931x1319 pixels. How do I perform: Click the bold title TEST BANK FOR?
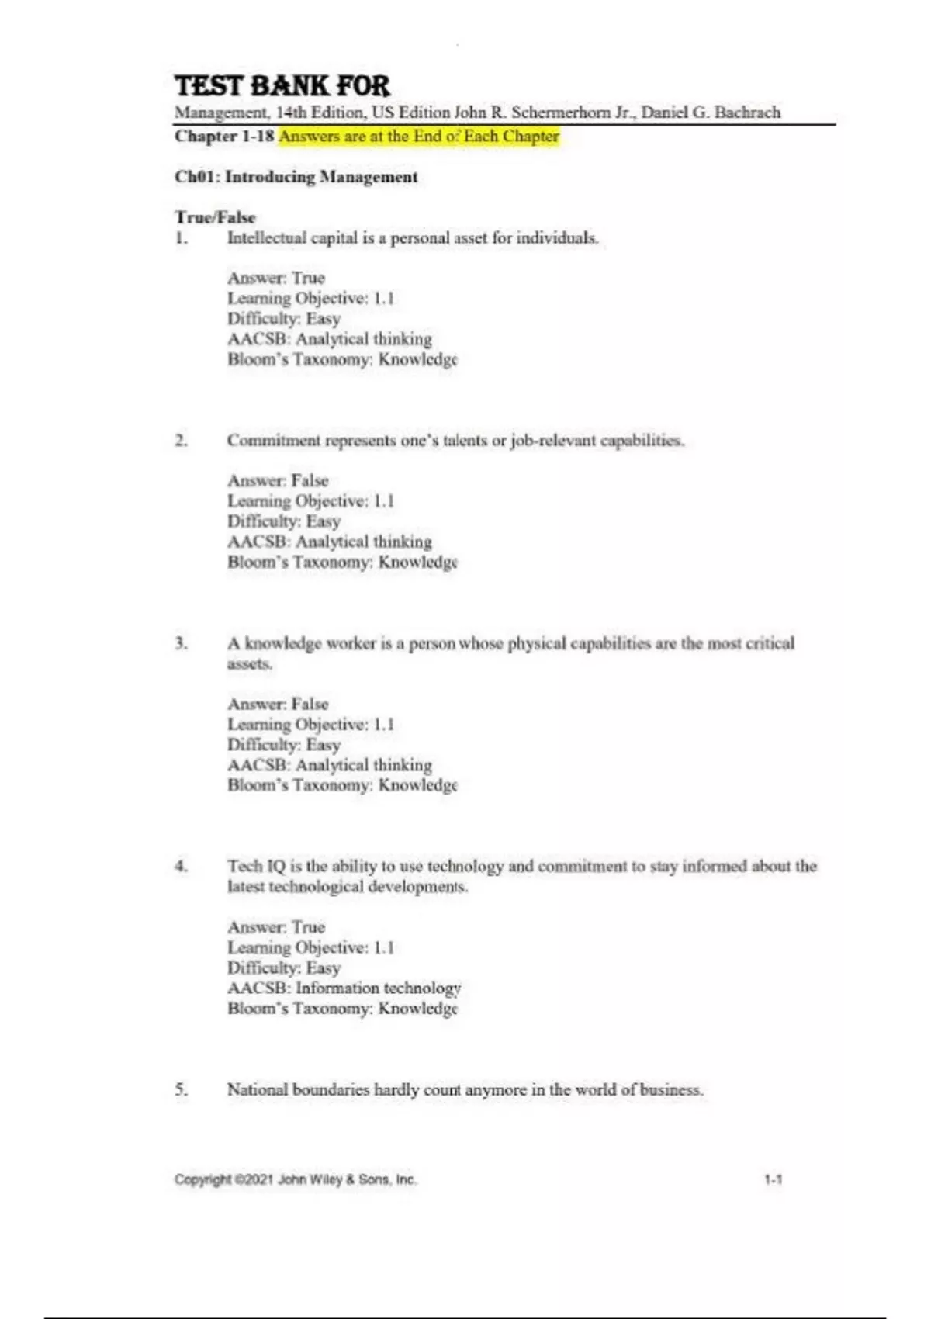click(282, 85)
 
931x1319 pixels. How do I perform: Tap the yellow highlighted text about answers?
click(418, 137)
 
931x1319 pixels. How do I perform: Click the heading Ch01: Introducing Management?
click(296, 177)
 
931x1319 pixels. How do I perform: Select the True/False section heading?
click(215, 217)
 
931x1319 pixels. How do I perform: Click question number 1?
click(181, 238)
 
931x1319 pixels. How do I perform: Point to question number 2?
click(181, 441)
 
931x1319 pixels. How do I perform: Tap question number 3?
click(181, 643)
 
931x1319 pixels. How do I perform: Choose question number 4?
click(181, 867)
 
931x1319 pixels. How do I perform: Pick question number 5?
click(181, 1090)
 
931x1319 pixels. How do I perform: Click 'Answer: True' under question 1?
click(276, 278)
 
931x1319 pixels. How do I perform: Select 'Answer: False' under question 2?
click(278, 480)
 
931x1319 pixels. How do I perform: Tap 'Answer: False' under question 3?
click(278, 704)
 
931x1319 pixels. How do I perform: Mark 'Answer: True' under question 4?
click(276, 927)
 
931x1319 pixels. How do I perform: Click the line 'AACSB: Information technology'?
click(344, 988)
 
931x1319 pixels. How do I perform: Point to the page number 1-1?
click(773, 1180)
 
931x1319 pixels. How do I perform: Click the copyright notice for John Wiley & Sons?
click(296, 1180)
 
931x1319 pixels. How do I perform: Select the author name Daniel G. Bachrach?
click(711, 113)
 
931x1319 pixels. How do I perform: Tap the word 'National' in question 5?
click(258, 1090)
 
